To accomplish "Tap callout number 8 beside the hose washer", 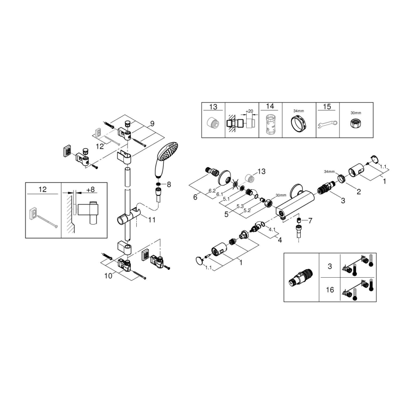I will (x=169, y=184).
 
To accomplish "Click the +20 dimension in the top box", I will (x=249, y=111).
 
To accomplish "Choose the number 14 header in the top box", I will (x=270, y=107).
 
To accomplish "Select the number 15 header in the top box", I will (x=327, y=107).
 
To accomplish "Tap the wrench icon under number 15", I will (x=328, y=124).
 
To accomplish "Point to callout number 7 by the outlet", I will (x=310, y=220).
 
